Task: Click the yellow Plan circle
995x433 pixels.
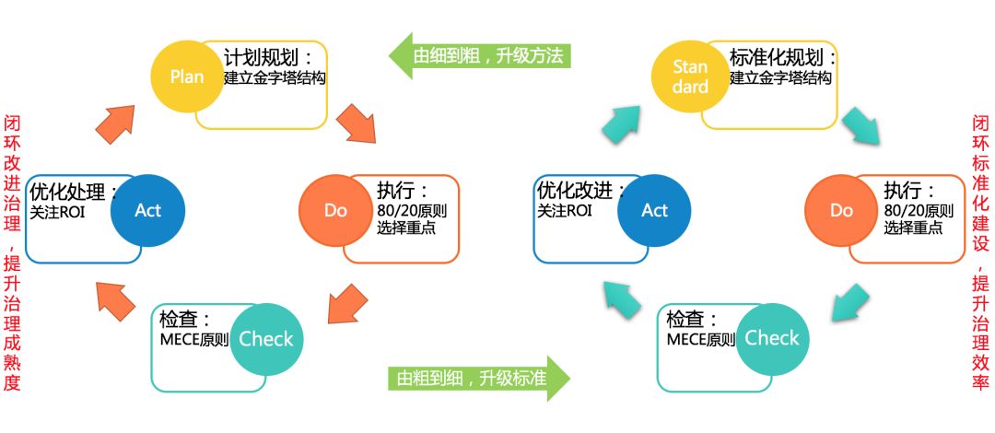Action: (x=187, y=76)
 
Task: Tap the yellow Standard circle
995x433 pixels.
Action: (x=690, y=76)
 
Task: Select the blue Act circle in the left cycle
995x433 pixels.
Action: (x=147, y=211)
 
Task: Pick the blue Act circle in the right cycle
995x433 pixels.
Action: (x=654, y=211)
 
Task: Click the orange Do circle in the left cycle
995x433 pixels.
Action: (x=335, y=211)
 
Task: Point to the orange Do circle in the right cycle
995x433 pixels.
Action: (x=841, y=211)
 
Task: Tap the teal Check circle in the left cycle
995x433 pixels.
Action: (x=266, y=340)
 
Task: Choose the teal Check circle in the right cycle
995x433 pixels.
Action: (x=772, y=340)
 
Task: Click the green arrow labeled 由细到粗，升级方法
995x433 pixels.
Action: (x=480, y=56)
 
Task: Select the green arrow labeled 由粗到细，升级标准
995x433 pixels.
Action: (x=479, y=379)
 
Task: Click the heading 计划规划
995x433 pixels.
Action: (x=269, y=58)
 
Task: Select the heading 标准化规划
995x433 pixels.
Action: (x=783, y=58)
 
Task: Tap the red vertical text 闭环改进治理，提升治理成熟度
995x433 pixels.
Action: (x=12, y=253)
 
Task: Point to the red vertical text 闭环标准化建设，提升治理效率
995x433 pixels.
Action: (x=981, y=252)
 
